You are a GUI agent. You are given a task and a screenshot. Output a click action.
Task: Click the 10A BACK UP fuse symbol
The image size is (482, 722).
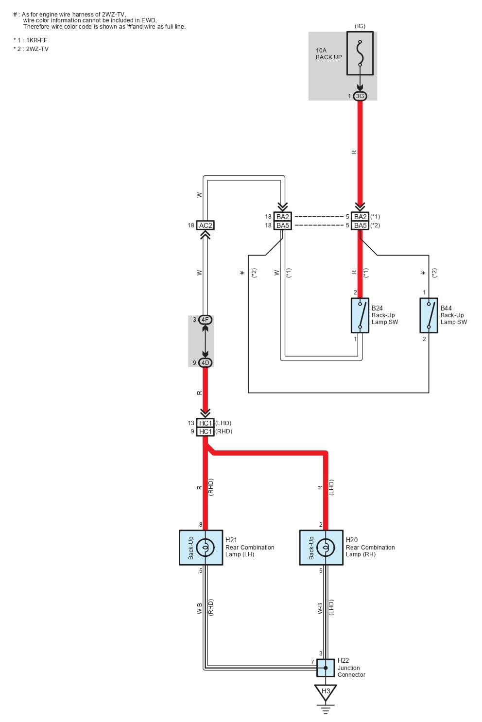(360, 53)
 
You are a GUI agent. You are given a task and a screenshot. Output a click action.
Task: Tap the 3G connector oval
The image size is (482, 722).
(360, 96)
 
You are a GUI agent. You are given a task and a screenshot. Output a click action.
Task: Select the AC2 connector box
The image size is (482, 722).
(206, 225)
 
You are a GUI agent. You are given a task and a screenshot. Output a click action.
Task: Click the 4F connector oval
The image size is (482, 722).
(205, 320)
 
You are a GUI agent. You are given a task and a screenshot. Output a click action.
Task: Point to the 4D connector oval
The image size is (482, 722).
(205, 363)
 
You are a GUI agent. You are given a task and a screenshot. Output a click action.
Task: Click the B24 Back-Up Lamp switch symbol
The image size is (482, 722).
(360, 315)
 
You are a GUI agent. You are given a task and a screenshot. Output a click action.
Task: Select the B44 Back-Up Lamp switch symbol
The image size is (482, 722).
(429, 315)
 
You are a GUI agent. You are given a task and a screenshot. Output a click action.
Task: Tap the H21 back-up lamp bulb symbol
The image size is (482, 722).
(205, 548)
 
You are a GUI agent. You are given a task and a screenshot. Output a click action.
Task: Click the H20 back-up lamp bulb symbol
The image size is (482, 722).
(326, 548)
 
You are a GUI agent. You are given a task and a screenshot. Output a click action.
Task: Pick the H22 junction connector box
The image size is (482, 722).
(326, 668)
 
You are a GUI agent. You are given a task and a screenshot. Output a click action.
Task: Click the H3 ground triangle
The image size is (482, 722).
(326, 692)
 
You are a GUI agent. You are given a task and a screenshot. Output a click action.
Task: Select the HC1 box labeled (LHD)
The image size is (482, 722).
(206, 423)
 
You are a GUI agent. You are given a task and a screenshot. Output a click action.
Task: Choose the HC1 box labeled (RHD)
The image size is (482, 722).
(206, 431)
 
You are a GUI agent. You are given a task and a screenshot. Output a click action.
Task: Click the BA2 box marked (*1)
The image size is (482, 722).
(360, 217)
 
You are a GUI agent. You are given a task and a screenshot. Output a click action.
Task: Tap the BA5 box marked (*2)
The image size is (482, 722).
(360, 225)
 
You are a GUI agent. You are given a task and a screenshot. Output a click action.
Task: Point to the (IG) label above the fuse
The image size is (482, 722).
(360, 26)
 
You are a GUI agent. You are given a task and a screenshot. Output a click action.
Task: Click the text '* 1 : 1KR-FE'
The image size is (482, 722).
(31, 40)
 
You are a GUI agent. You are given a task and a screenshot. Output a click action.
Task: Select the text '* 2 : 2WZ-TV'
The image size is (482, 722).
(31, 49)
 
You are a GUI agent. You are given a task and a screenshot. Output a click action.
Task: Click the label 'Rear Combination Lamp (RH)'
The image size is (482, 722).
(370, 550)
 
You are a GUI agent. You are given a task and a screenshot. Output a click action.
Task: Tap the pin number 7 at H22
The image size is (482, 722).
(312, 662)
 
